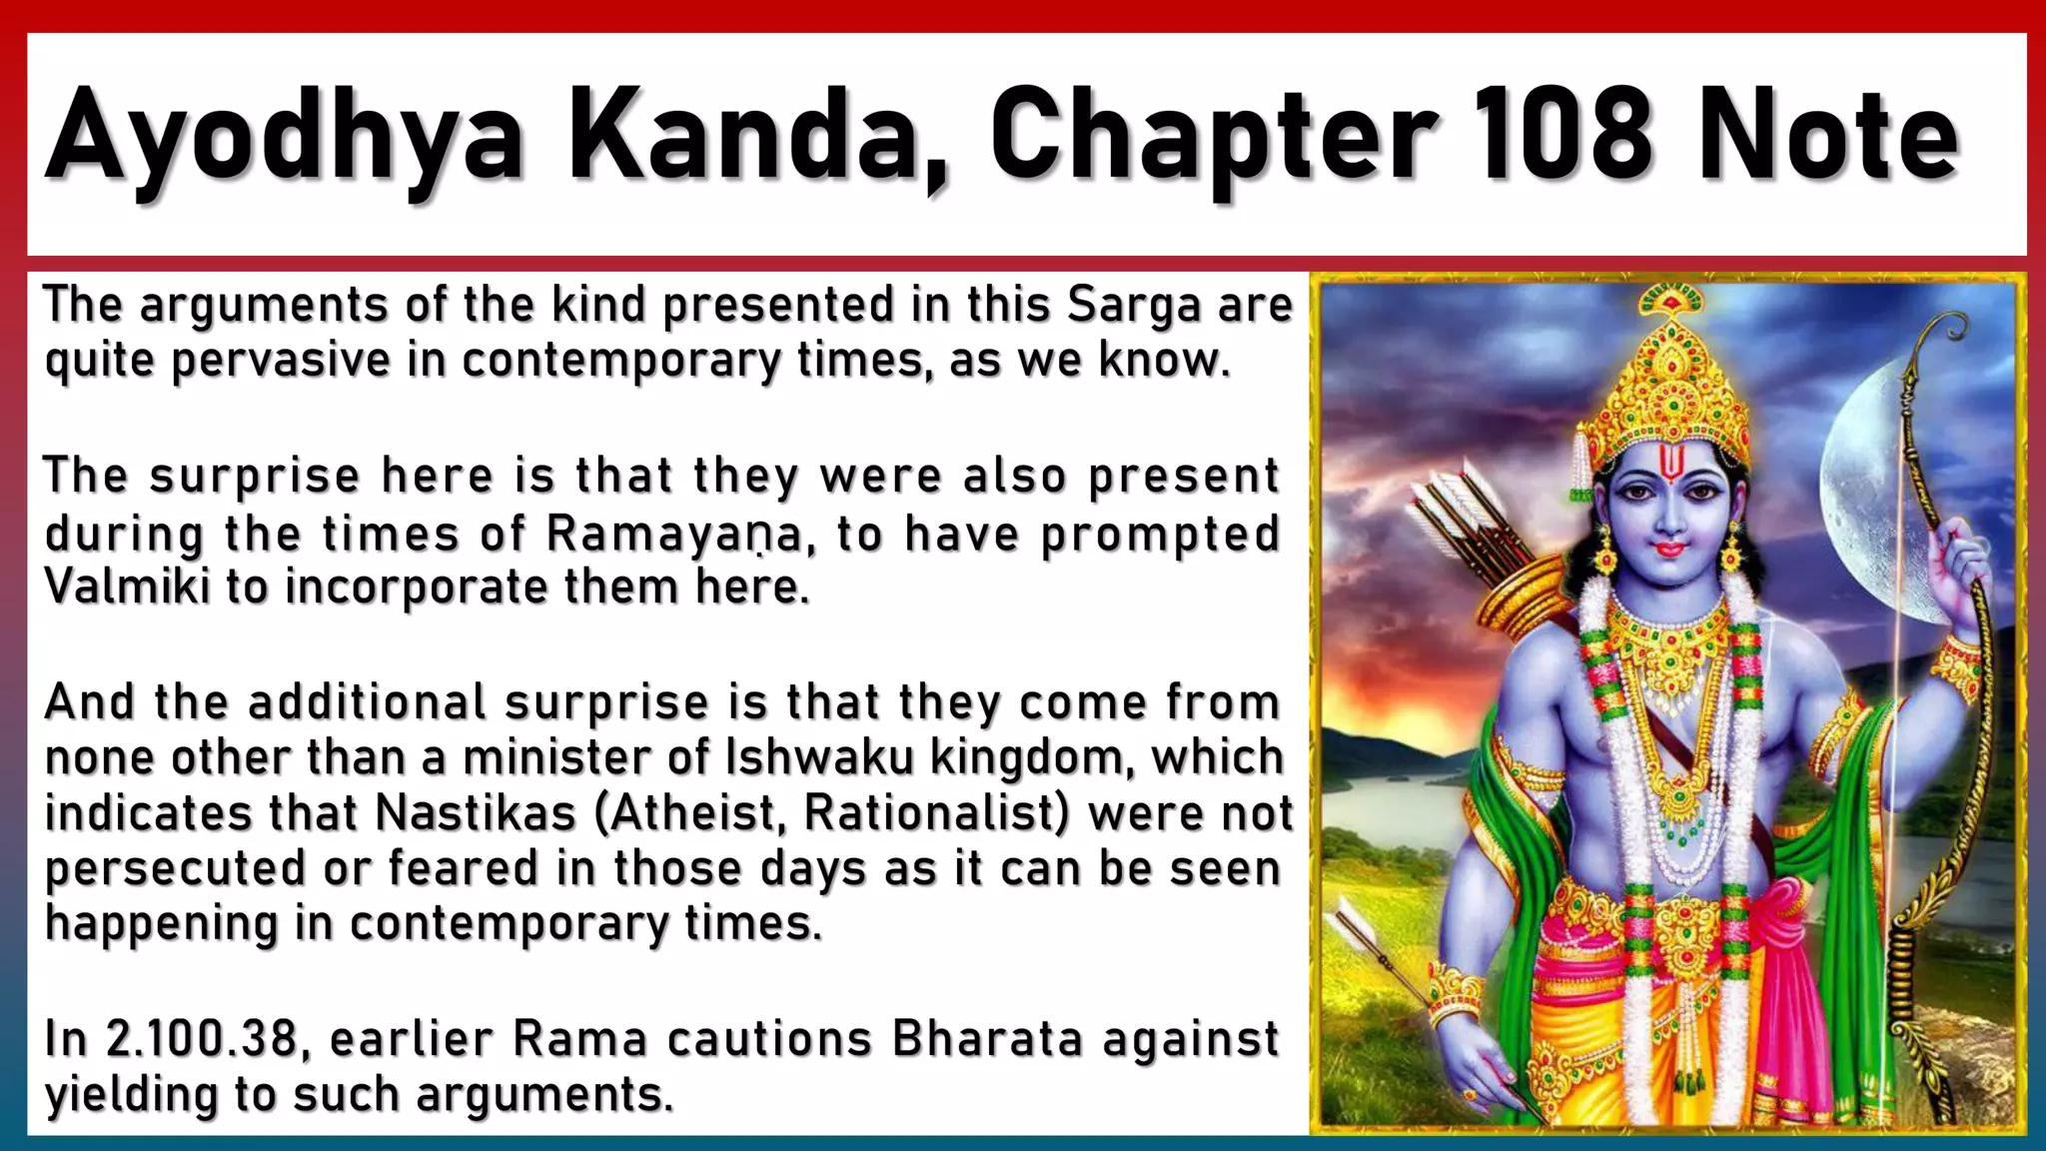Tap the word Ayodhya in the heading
tap(285, 138)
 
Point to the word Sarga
tap(1133, 306)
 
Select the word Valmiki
tap(127, 586)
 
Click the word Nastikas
tap(476, 813)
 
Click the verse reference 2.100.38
tap(201, 1038)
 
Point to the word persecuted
tap(175, 869)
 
